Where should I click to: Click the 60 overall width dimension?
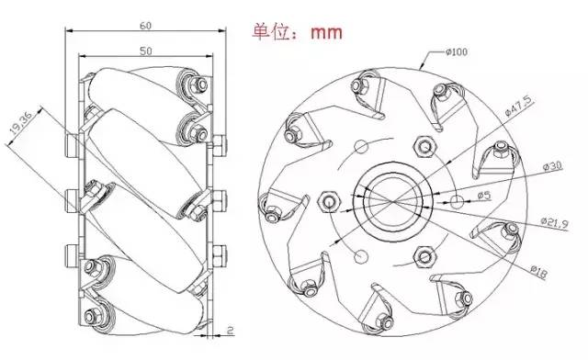coord(145,26)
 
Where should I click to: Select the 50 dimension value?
coord(146,51)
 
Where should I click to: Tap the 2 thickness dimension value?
coord(231,330)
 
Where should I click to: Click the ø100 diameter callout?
coord(457,51)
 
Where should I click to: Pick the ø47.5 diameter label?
coord(518,106)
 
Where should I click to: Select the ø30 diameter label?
coord(553,165)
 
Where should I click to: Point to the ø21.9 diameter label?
coord(555,223)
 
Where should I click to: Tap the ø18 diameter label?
coord(538,272)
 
